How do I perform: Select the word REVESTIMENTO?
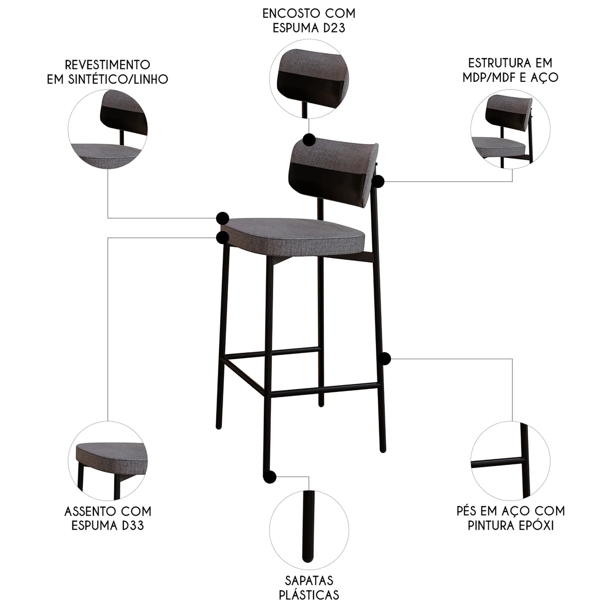pos(108,65)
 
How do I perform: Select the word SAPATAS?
pos(309,580)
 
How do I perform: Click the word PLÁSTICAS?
pos(309,595)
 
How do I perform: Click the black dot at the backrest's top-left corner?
pos(309,140)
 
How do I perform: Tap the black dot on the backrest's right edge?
pos(378,181)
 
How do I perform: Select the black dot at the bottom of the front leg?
pos(270,477)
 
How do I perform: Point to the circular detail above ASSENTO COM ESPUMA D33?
pos(108,461)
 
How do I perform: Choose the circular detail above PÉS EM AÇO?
pos(511,461)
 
